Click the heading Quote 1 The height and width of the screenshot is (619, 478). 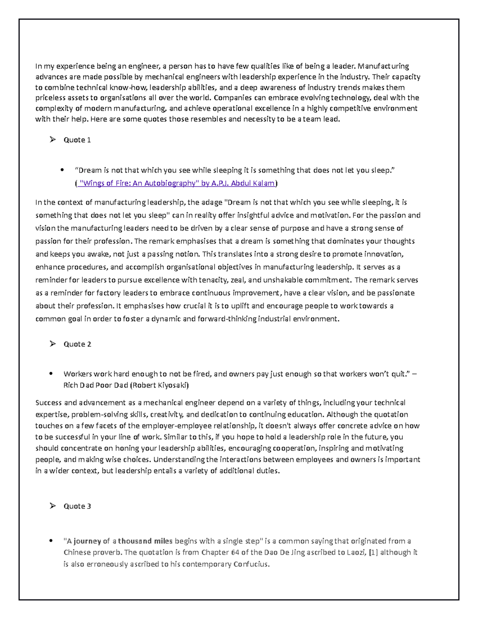tap(77, 140)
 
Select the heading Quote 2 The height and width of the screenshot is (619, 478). tap(77, 344)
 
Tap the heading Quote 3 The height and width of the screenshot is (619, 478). tap(77, 506)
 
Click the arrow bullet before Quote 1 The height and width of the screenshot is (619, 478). tap(53, 140)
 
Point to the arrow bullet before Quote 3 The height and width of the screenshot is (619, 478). tap(53, 506)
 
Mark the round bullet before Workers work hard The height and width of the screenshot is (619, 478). tap(51, 374)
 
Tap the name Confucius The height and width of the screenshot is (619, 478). tap(251, 564)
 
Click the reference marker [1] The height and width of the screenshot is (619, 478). tap(374, 552)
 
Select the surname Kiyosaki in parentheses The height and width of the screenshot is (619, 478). tap(172, 385)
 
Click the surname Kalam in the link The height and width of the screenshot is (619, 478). tap(264, 183)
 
